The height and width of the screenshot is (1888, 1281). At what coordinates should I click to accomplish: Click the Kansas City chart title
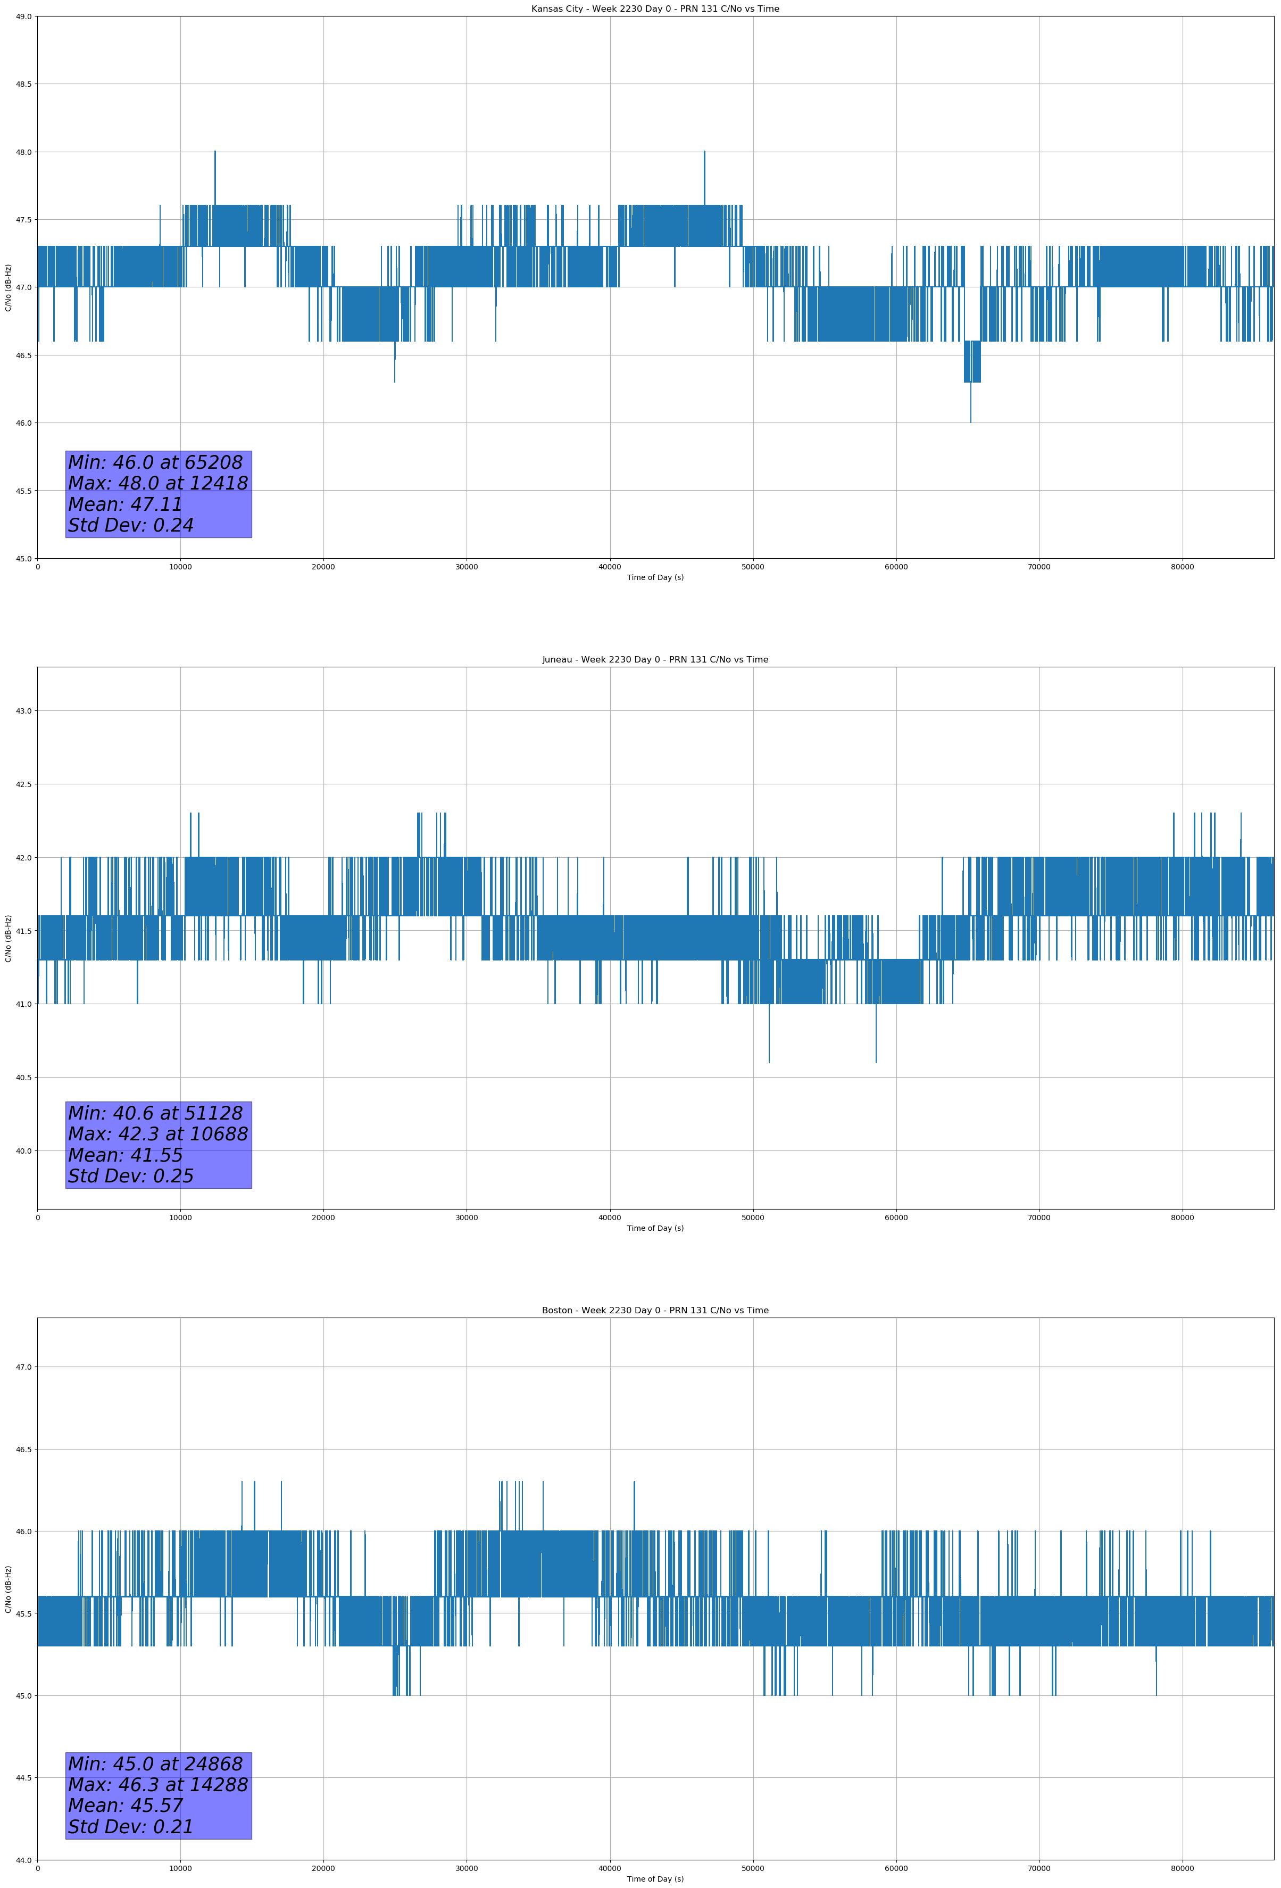(x=655, y=9)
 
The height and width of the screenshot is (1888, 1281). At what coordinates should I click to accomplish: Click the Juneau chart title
(x=655, y=660)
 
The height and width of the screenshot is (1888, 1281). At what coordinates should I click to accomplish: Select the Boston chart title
(x=655, y=1311)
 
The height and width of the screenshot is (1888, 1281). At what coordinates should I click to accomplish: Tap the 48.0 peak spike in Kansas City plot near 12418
(x=215, y=154)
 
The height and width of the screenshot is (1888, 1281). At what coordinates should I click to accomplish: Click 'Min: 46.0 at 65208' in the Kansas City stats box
(x=155, y=463)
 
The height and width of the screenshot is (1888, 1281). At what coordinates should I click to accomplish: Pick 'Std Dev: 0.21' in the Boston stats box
(x=131, y=1827)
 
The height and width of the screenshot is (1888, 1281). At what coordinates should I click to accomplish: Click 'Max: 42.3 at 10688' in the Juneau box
(x=157, y=1134)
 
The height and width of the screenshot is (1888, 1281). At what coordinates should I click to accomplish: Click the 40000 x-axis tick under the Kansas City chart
(x=609, y=567)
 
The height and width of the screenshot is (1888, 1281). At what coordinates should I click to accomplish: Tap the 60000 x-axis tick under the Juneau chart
(x=896, y=1218)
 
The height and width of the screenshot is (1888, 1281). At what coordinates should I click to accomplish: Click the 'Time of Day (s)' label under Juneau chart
(x=655, y=1228)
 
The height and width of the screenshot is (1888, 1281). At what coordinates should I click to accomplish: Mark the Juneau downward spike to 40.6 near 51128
(x=768, y=1059)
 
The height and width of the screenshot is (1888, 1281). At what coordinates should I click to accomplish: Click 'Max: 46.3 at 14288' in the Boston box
(x=157, y=1785)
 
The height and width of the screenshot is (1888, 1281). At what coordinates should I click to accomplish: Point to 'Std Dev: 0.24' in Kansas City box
(x=131, y=526)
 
